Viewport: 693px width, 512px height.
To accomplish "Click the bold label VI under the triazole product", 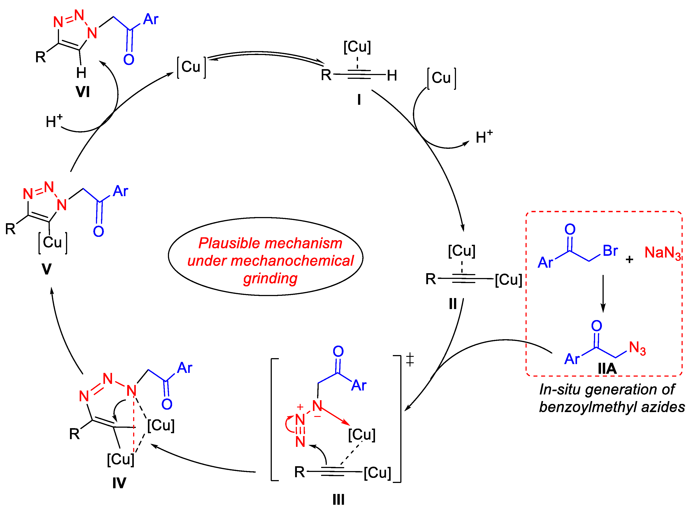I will coord(83,92).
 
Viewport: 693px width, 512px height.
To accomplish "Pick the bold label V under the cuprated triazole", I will coord(46,269).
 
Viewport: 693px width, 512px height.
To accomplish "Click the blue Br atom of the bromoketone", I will coord(610,251).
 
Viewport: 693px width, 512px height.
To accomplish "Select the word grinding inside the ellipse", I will coord(270,278).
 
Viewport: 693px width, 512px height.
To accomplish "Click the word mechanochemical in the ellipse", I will coord(270,261).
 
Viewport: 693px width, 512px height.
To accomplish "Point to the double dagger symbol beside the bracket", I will coord(410,359).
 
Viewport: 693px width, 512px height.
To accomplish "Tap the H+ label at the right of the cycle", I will coord(483,137).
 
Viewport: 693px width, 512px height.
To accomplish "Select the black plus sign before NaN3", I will coord(629,259).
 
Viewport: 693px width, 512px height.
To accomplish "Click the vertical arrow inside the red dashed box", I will coord(603,293).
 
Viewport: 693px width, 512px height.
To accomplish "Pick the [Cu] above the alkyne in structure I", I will coord(357,47).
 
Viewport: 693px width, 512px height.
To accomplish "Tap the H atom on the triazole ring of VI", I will coord(81,73).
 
